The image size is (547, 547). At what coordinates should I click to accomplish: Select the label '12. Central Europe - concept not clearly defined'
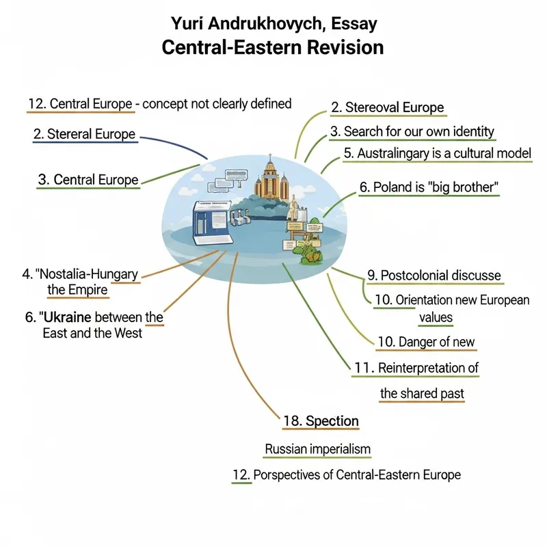click(160, 104)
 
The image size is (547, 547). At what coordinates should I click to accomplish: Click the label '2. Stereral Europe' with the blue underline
click(85, 134)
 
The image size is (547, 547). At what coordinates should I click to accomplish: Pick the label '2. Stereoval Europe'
click(387, 107)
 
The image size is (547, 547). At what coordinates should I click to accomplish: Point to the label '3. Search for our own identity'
click(412, 131)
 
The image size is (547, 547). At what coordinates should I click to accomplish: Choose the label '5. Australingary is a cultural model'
click(438, 154)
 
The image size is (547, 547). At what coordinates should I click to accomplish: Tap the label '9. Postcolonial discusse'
click(433, 276)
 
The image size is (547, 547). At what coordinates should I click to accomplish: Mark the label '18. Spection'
click(321, 421)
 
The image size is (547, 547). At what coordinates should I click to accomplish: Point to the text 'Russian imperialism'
click(317, 449)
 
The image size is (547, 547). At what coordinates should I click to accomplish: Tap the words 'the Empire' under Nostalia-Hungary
click(77, 290)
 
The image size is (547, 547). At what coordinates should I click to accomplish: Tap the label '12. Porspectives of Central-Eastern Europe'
click(347, 475)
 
